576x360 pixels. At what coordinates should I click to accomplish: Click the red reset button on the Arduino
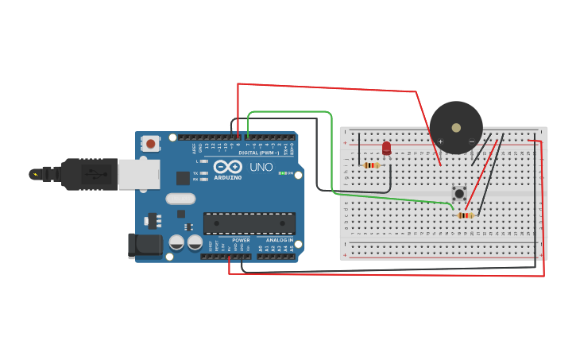click(149, 144)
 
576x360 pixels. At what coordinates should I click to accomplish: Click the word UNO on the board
click(261, 168)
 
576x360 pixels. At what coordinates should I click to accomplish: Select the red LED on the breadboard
click(387, 148)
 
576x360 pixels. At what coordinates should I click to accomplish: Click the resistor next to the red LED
click(370, 165)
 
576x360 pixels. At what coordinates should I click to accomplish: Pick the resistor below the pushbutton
click(466, 215)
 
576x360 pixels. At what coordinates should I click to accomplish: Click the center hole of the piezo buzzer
click(456, 127)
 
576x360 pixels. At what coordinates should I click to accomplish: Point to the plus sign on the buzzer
click(440, 141)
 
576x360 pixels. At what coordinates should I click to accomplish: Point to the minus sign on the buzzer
click(471, 141)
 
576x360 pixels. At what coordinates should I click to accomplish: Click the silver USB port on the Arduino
click(138, 173)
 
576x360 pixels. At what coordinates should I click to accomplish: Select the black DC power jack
click(145, 246)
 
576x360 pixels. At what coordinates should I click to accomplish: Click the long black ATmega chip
click(249, 223)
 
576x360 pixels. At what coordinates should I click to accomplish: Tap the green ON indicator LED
click(281, 173)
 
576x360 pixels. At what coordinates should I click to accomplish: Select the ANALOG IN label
click(279, 240)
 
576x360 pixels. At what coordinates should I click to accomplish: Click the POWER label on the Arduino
click(241, 240)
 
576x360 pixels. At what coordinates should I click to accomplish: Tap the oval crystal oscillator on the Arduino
click(180, 199)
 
